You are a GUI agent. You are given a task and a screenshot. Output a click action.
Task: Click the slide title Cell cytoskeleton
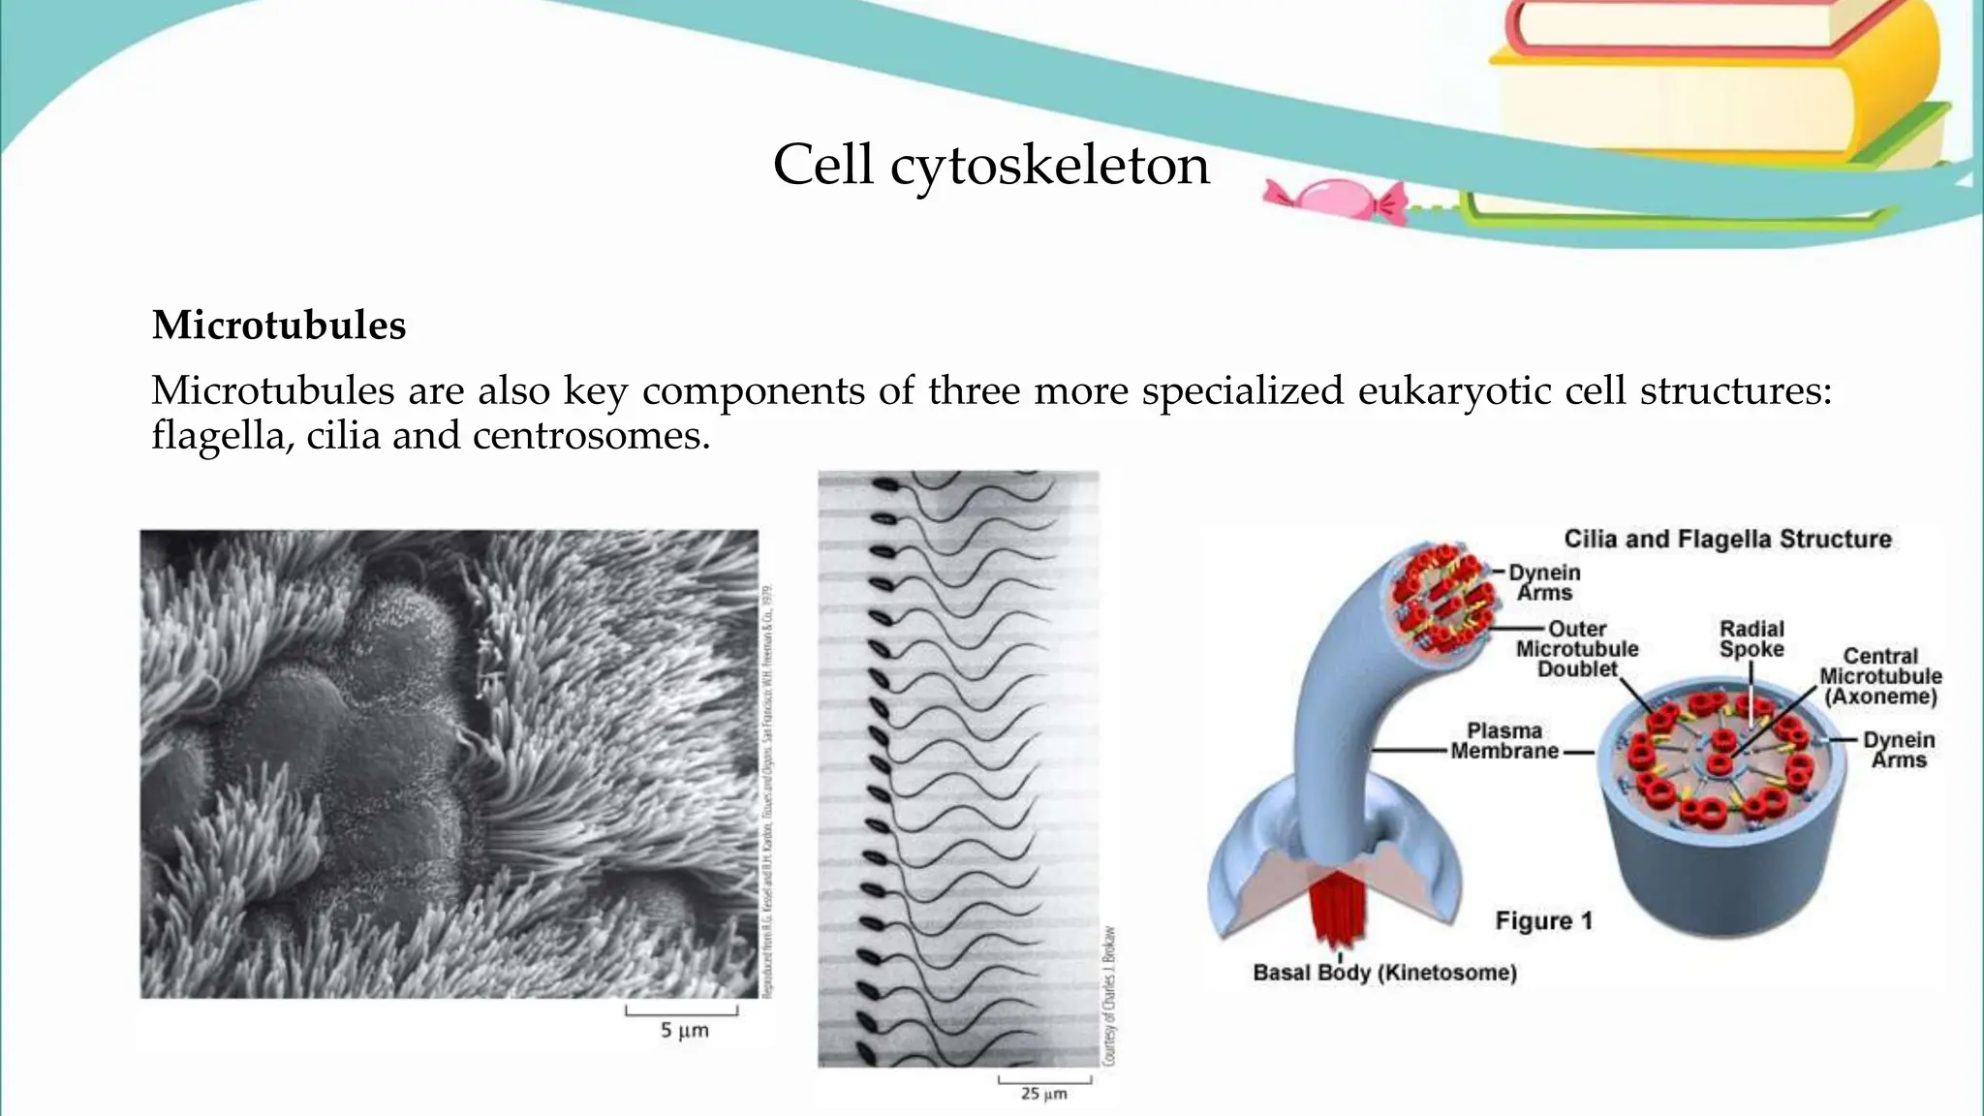click(x=991, y=166)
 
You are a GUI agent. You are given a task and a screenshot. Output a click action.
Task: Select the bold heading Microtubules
click(x=279, y=325)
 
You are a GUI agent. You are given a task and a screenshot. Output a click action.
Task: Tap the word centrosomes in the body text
click(x=591, y=436)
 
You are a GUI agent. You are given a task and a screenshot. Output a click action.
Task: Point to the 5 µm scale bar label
click(x=684, y=1030)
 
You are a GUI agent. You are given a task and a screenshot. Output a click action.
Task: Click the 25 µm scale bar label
click(x=1043, y=1094)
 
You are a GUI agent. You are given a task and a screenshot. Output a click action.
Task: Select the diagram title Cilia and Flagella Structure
click(x=1727, y=540)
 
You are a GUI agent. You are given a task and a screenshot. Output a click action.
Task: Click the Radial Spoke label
click(x=1751, y=639)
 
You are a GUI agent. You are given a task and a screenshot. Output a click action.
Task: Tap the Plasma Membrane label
click(x=1504, y=741)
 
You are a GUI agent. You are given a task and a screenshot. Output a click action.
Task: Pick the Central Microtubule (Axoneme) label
click(x=1880, y=676)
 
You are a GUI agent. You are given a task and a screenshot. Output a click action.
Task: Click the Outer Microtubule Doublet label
click(x=1577, y=649)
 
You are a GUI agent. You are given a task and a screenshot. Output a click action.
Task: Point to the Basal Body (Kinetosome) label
click(x=1384, y=973)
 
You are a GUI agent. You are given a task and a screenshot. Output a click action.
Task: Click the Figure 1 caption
click(x=1543, y=920)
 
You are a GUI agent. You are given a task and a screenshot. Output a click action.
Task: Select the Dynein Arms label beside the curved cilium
click(x=1544, y=582)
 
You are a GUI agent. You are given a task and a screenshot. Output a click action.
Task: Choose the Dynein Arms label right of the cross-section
click(x=1899, y=750)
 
